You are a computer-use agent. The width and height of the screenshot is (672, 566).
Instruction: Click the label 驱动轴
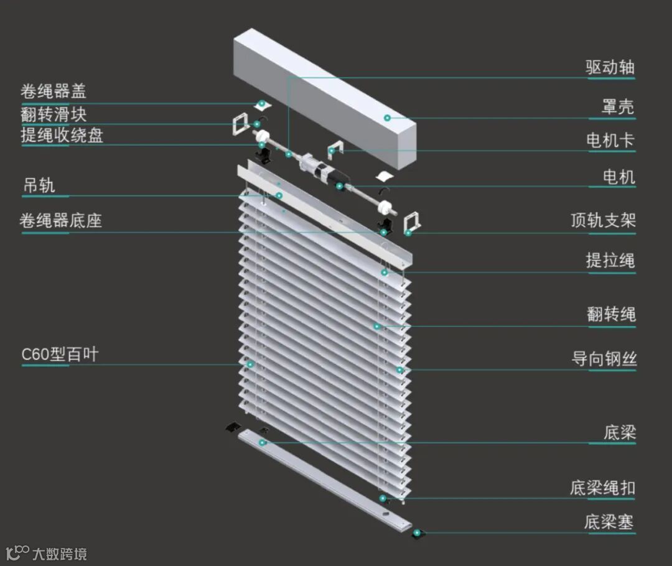click(x=610, y=67)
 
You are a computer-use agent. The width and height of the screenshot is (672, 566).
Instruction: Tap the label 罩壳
click(x=617, y=107)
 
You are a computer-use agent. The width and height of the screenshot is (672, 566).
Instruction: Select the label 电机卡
click(x=610, y=141)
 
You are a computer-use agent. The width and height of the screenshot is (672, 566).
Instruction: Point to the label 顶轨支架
click(x=603, y=220)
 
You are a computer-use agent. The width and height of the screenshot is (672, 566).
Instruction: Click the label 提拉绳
click(x=610, y=260)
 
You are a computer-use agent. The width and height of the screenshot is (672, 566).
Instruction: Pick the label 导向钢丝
click(x=604, y=359)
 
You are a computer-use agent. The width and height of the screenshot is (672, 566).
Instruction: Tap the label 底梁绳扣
click(x=602, y=488)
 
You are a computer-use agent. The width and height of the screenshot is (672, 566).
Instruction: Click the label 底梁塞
click(x=609, y=522)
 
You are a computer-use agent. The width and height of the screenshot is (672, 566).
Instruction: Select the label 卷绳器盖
click(x=53, y=92)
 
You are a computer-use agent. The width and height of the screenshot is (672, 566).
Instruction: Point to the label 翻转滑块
click(x=53, y=114)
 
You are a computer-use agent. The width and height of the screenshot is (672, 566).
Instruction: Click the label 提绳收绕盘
click(x=62, y=135)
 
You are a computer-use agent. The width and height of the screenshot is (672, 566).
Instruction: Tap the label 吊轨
click(x=39, y=185)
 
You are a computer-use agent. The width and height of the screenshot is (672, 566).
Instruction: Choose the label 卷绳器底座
click(x=60, y=221)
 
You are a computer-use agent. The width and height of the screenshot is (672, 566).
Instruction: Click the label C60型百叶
click(x=60, y=355)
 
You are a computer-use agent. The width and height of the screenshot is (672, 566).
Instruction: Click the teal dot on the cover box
click(x=387, y=118)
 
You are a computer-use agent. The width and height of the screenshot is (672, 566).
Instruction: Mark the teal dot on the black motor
click(x=340, y=186)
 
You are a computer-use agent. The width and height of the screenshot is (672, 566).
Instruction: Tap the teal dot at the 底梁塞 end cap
click(x=416, y=532)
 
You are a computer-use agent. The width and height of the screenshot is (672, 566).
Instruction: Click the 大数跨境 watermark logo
click(x=46, y=552)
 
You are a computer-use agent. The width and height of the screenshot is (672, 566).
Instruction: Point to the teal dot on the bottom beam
click(x=263, y=442)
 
